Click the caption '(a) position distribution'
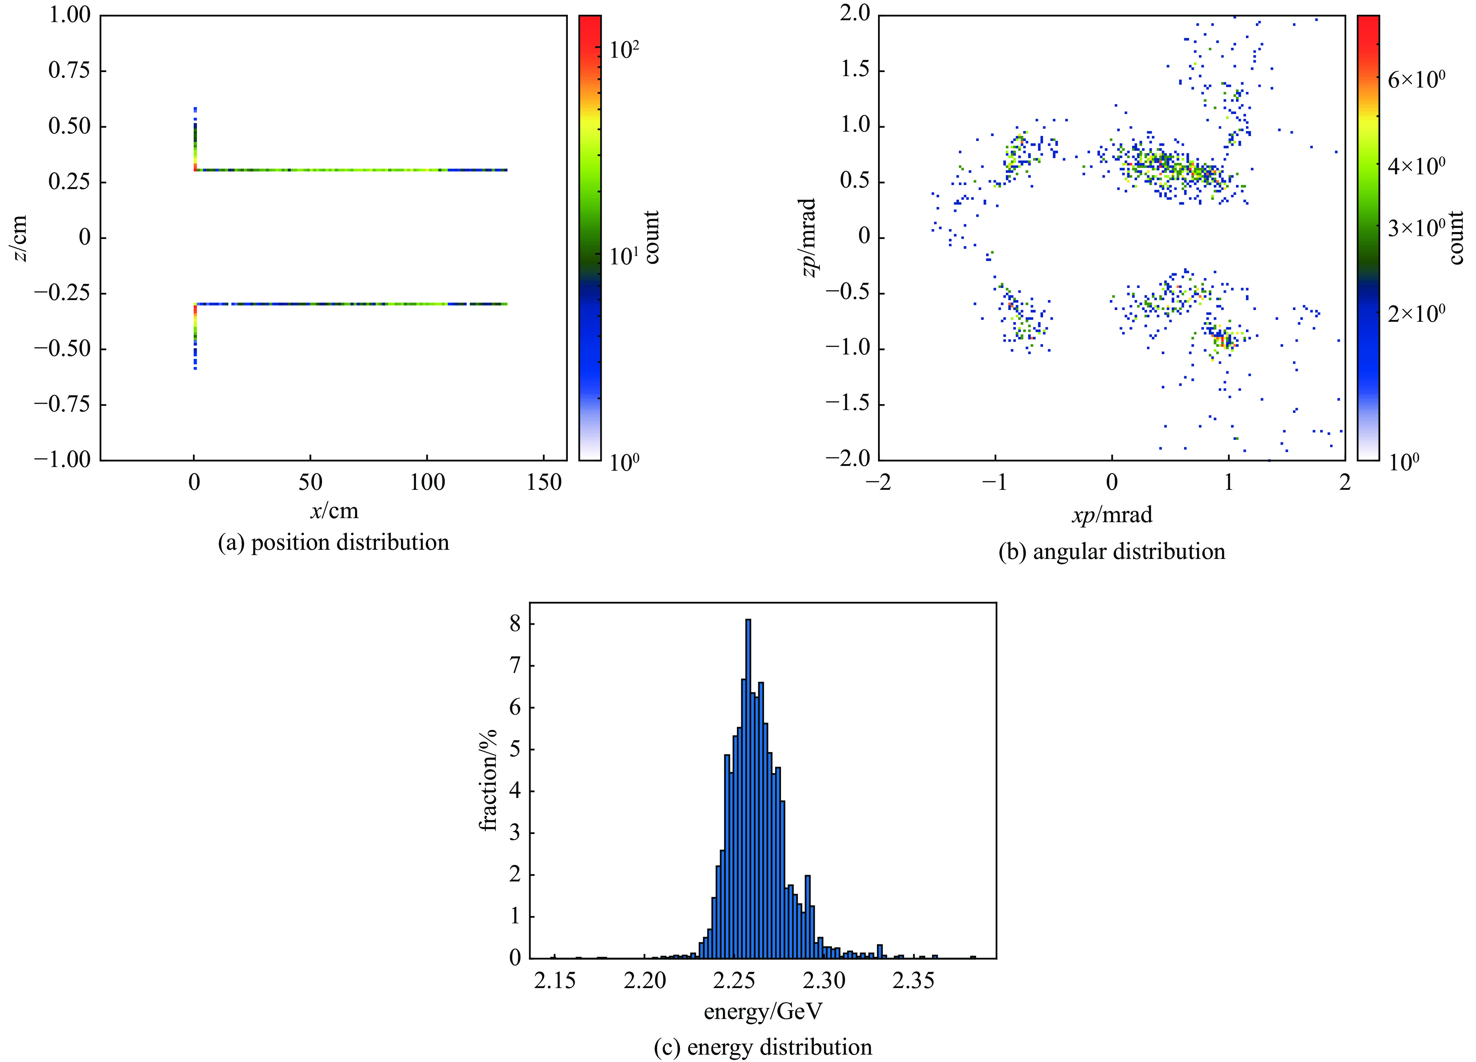pyautogui.click(x=333, y=542)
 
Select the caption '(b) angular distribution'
pyautogui.click(x=1111, y=552)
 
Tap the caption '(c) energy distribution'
pyautogui.click(x=763, y=1047)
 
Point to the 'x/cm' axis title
pyautogui.click(x=334, y=511)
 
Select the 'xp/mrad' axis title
pyautogui.click(x=1111, y=515)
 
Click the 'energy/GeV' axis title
pyautogui.click(x=763, y=1011)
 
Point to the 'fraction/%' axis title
pyautogui.click(x=488, y=780)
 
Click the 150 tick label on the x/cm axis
pyautogui.click(x=544, y=482)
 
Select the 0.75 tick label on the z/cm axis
pyautogui.click(x=69, y=70)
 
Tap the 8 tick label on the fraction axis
pyautogui.click(x=515, y=624)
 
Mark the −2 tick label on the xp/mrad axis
pyautogui.click(x=877, y=482)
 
